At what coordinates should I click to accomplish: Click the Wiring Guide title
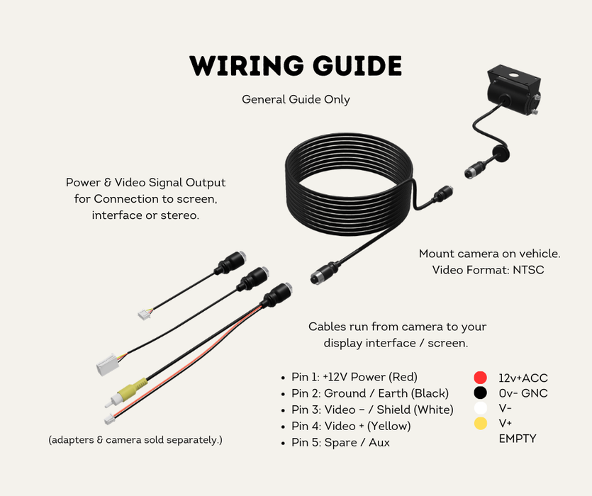click(x=296, y=66)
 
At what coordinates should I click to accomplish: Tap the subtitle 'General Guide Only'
click(x=296, y=99)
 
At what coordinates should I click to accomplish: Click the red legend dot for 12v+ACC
click(x=481, y=378)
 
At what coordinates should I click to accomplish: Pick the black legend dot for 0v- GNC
click(x=481, y=393)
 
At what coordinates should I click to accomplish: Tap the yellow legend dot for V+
click(x=481, y=423)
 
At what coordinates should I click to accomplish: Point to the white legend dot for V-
click(x=481, y=408)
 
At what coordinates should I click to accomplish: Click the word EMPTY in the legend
click(x=518, y=439)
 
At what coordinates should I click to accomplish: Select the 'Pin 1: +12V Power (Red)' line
click(x=354, y=376)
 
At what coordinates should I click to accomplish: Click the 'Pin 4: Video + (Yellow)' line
click(x=351, y=426)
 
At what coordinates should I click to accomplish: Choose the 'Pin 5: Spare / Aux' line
click(x=340, y=443)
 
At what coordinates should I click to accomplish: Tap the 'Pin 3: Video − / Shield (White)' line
click(x=372, y=410)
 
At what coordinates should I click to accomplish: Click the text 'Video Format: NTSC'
click(x=488, y=270)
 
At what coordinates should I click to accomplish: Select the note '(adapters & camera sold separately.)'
click(x=135, y=440)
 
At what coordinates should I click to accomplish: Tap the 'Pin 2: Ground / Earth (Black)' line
click(x=370, y=393)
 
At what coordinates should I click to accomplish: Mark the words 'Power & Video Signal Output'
click(x=146, y=183)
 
